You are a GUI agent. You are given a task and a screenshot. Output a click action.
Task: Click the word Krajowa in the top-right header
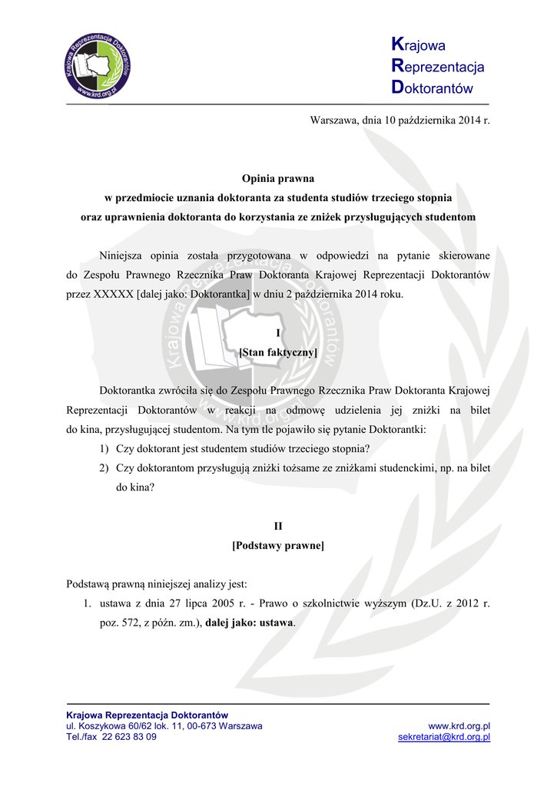[x=418, y=45]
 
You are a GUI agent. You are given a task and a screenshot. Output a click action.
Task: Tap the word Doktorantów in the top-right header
[x=432, y=88]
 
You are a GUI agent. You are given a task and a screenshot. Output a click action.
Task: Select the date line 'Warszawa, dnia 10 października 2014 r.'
[x=400, y=121]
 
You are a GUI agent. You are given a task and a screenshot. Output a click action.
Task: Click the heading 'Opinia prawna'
[x=278, y=179]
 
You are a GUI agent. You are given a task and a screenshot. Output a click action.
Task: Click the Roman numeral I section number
[x=278, y=332]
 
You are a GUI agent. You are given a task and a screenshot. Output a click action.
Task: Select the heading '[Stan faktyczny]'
[x=278, y=352]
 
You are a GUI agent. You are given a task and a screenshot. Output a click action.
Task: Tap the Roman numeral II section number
[x=278, y=527]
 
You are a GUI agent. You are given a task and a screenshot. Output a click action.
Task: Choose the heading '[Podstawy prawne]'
[x=278, y=546]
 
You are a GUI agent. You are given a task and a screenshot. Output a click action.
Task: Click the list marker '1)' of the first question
[x=104, y=448]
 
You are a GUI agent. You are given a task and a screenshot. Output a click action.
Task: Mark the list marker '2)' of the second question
[x=104, y=467]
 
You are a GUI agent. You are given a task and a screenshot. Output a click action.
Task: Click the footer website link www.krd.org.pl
[x=459, y=726]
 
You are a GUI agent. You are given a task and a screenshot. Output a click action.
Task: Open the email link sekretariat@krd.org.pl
[x=444, y=737]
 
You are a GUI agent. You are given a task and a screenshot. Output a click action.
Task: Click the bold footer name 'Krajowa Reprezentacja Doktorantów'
[x=147, y=715]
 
